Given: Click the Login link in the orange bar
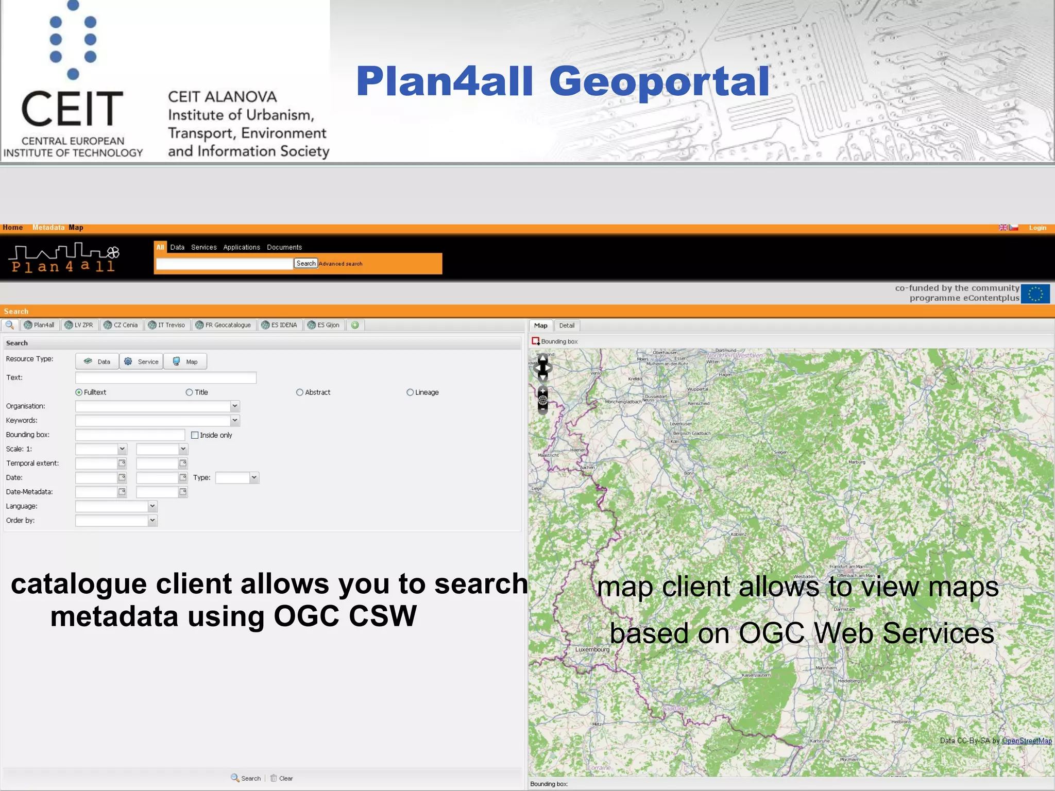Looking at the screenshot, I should (1037, 228).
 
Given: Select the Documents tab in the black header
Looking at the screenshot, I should (284, 247).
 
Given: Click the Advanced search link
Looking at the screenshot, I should (341, 264).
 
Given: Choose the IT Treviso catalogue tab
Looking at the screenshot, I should (167, 325).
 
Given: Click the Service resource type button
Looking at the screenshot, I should (142, 362).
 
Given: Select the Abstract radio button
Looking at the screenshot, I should (300, 392).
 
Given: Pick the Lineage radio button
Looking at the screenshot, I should (410, 392).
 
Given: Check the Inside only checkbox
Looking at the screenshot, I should (195, 435).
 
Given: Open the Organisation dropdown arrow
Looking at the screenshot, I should (235, 406).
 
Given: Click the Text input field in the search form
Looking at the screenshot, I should (165, 377).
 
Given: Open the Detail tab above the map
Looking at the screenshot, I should (567, 325).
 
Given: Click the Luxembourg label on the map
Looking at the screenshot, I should (592, 649).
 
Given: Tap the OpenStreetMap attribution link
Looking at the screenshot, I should (1027, 741).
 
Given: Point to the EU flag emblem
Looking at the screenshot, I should (1035, 294).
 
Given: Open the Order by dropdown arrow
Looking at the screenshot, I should (152, 521).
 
